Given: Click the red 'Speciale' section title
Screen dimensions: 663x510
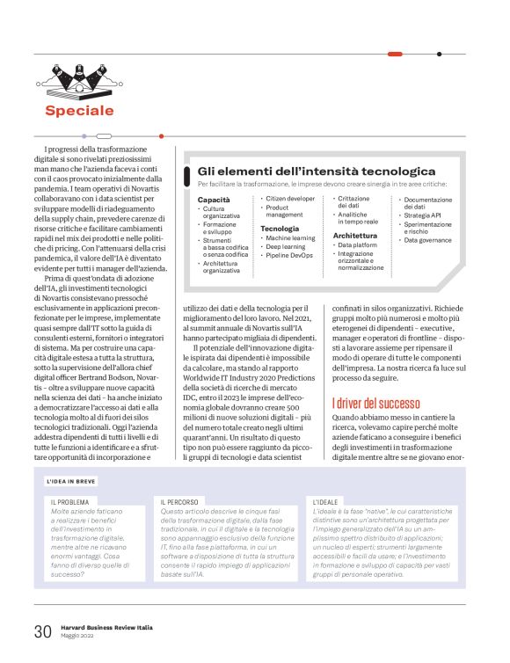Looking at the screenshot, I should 80,111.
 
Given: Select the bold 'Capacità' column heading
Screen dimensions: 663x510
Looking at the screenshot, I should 214,200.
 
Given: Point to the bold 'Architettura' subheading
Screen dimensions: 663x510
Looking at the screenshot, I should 355,237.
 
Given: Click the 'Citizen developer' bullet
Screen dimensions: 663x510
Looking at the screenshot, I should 289,200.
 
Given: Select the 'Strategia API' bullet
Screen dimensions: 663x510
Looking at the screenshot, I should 422,215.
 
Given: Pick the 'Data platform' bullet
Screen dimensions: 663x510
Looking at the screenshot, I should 361,245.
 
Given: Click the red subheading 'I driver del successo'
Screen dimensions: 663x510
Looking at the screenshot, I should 376,404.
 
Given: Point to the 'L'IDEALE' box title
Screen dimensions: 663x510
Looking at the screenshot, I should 326,502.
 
